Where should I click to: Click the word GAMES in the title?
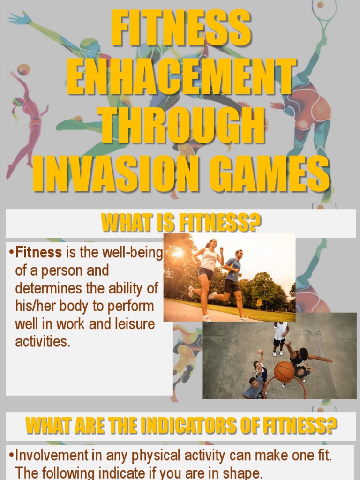[269, 174]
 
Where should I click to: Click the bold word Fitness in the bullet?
[38, 253]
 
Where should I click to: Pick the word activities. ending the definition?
[43, 342]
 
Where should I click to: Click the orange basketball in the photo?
[284, 371]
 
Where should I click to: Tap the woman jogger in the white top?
[206, 277]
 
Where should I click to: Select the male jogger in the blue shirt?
[232, 281]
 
